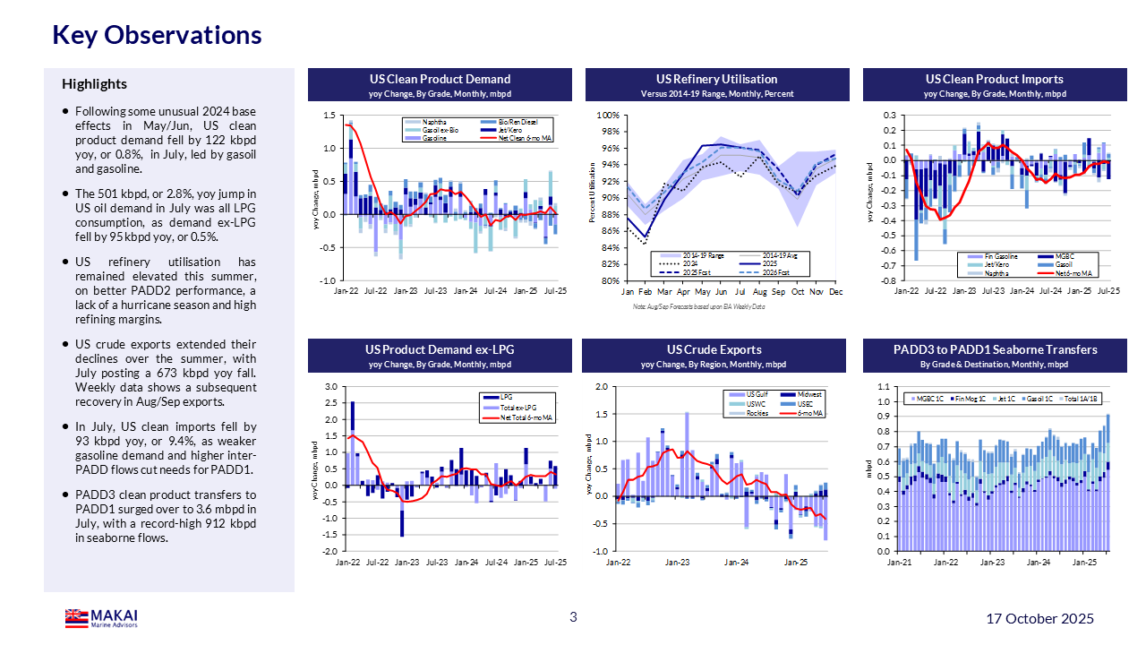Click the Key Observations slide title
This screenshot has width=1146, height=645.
[158, 35]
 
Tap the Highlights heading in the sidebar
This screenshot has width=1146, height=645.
[94, 84]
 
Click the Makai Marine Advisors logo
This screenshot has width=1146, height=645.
[101, 618]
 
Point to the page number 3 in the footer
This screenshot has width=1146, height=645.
[573, 616]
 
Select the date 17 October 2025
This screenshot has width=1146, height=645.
[1039, 619]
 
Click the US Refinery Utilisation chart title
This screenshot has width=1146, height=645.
[716, 79]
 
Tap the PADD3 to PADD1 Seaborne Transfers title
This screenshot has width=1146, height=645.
[995, 349]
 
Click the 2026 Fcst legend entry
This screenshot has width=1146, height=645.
[775, 272]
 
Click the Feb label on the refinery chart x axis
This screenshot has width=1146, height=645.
[646, 292]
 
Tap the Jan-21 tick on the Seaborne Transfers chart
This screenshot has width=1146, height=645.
[899, 563]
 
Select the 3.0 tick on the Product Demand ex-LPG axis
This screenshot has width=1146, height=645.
[330, 387]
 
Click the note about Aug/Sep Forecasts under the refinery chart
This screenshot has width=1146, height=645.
[687, 306]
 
